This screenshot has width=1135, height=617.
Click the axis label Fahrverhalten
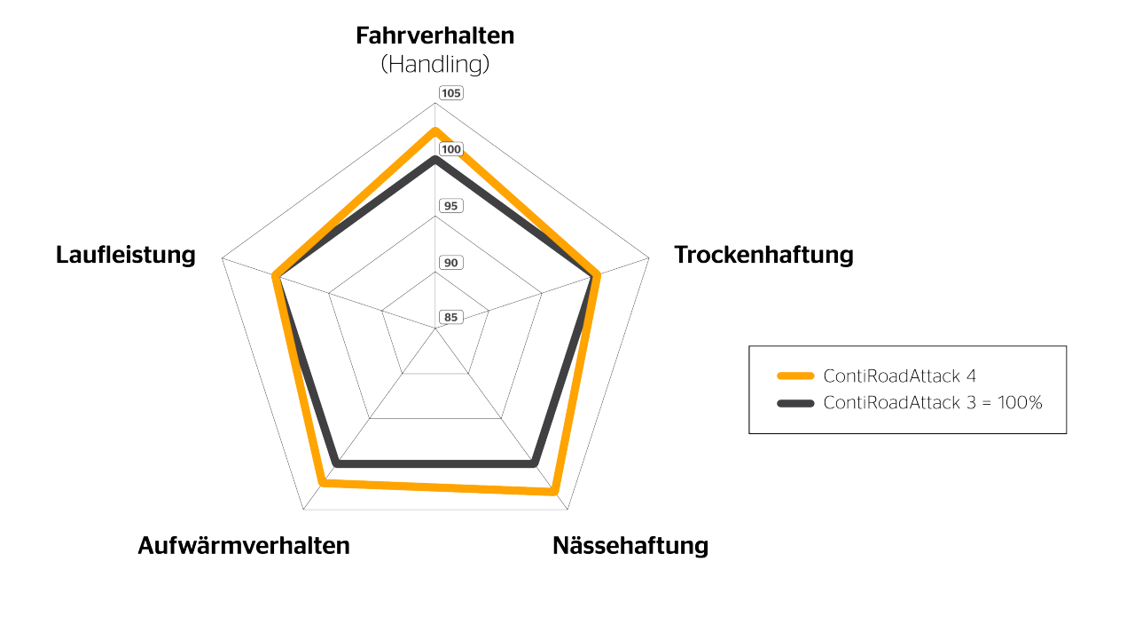434,36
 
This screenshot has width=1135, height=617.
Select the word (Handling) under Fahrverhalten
434,65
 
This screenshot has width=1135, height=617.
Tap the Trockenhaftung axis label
763,256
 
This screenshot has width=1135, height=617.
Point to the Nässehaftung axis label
630,545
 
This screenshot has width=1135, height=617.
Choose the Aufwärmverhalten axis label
244,545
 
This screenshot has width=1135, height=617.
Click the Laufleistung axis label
125,256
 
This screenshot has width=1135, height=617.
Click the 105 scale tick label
451,94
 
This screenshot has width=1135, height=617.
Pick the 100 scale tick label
451,150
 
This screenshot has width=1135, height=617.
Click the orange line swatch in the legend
795,376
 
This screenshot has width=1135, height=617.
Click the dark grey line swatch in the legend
795,403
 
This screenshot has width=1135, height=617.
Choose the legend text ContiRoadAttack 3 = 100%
932,403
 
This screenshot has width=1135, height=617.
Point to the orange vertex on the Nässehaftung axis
555,491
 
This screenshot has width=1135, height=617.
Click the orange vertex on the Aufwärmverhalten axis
322,483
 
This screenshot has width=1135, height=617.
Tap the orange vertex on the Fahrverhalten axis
434,131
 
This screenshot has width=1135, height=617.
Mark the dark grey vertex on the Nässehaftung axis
534,463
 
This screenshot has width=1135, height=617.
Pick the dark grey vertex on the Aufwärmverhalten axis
336,463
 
